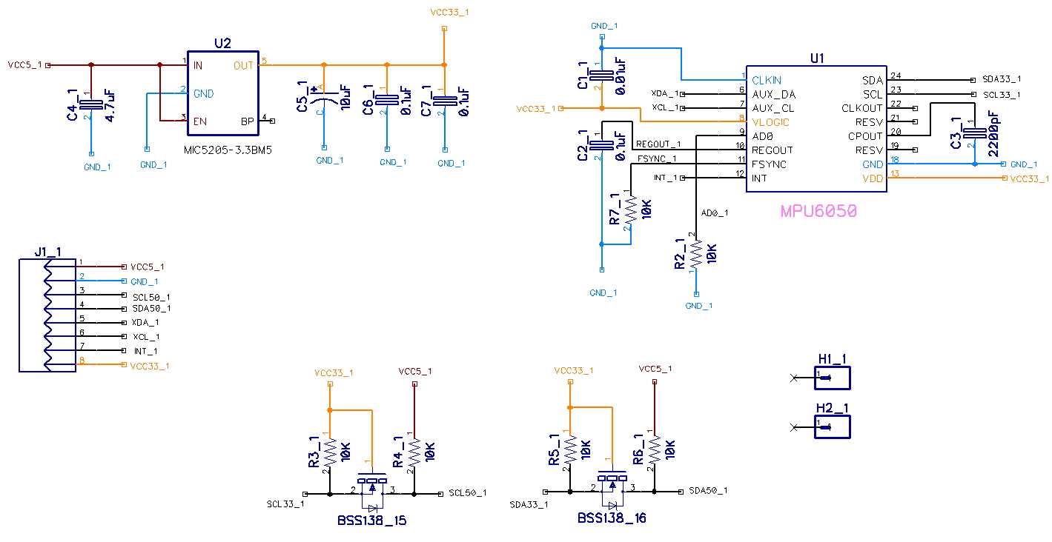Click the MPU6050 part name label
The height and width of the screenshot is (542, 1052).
[818, 211]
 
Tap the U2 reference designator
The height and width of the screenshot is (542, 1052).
[222, 44]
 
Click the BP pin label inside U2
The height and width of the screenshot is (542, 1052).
[248, 121]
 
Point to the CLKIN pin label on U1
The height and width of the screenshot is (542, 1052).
[767, 80]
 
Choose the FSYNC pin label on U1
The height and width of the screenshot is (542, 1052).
[769, 164]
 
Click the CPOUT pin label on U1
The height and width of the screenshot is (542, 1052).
[866, 136]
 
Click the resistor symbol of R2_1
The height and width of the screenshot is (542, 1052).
[695, 254]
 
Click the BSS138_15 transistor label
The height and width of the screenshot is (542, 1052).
[371, 521]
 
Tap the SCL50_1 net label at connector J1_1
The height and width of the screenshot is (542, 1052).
[151, 296]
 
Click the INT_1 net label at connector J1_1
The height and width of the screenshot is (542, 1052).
[145, 351]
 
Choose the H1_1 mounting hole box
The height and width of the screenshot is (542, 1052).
[832, 378]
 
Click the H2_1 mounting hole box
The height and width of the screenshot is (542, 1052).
[832, 426]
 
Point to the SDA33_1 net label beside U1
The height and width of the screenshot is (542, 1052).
[1001, 79]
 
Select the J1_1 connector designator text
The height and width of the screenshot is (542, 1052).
[47, 252]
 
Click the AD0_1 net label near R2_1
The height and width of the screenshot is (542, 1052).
[715, 213]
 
